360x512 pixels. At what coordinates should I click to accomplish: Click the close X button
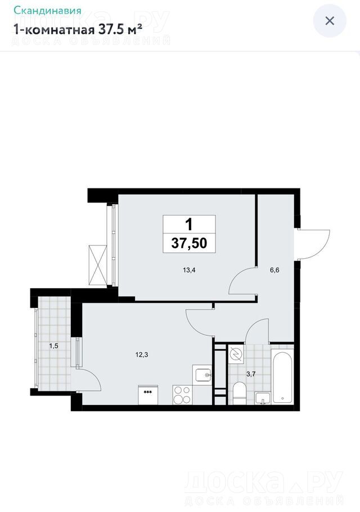point(330,21)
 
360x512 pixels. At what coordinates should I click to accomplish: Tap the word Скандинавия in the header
point(47,11)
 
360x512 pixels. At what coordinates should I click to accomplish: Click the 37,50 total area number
point(190,243)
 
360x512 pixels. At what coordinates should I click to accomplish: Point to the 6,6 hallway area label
point(274,270)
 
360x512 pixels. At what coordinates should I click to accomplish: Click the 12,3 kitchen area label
point(142,354)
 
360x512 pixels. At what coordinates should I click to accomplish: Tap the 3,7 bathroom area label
point(251,374)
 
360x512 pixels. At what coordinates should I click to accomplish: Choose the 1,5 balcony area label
point(53,346)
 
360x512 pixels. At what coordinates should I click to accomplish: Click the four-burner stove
point(182,395)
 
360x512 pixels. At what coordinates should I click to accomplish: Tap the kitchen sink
point(204,375)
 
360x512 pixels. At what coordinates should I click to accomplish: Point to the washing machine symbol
point(236,354)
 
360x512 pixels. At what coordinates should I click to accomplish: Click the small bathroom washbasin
point(263,398)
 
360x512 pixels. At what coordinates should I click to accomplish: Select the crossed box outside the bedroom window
point(98,265)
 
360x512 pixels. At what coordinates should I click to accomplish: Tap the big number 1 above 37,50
point(189,224)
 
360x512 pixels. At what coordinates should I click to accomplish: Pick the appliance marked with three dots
point(148,395)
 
